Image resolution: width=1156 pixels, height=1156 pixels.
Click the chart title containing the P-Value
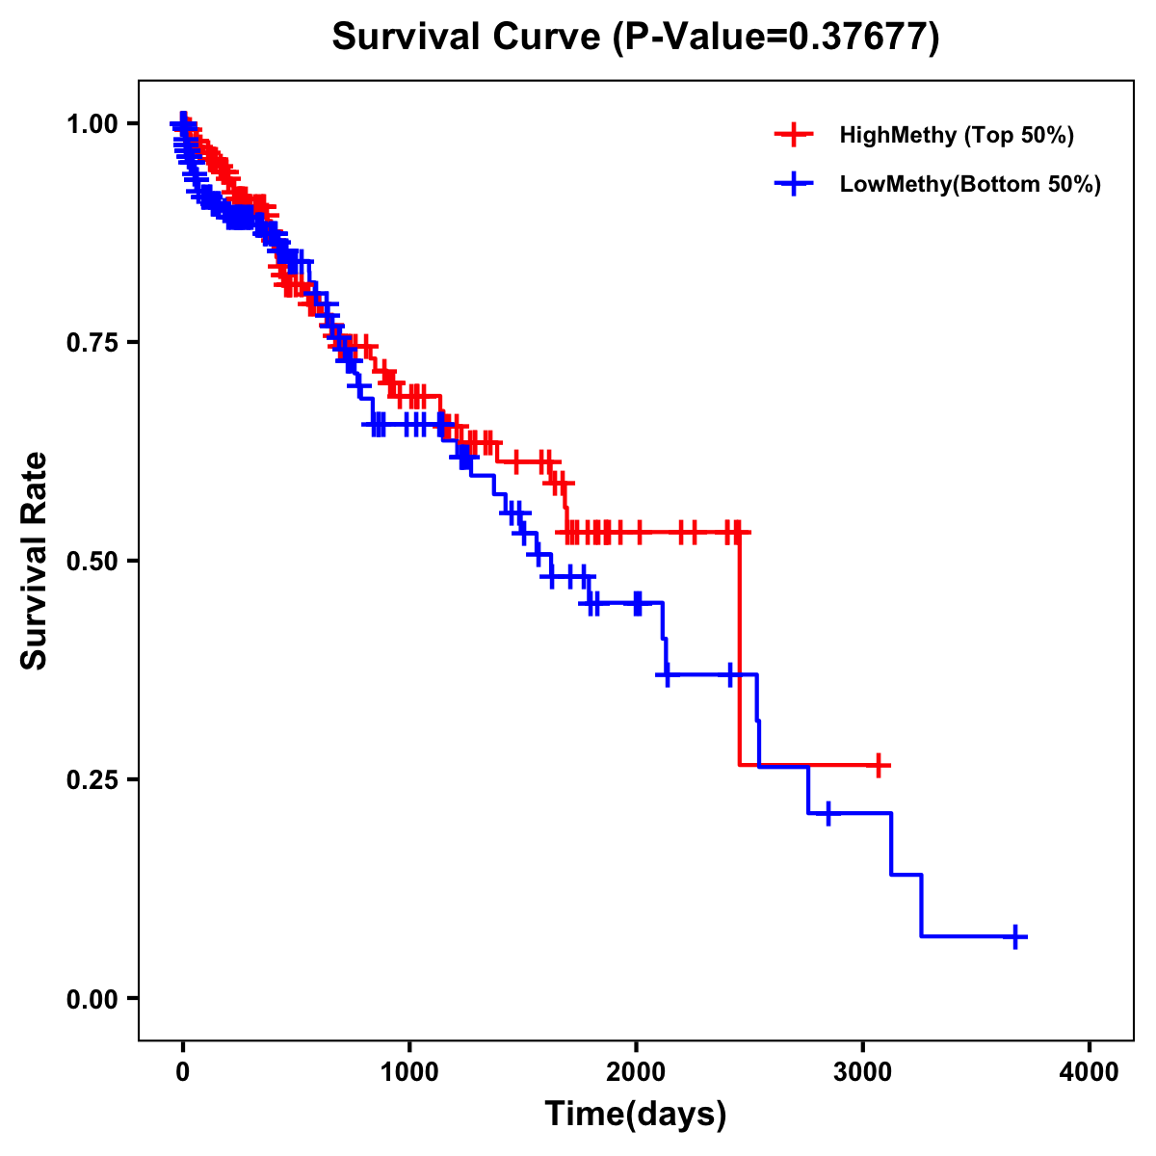click(x=635, y=38)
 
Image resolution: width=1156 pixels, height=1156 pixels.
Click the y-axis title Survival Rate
click(x=35, y=560)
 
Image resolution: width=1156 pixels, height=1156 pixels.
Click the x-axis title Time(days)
click(x=635, y=1114)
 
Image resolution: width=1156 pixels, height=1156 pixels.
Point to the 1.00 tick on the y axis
click(x=92, y=123)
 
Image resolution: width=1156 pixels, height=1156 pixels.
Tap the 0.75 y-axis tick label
click(x=92, y=342)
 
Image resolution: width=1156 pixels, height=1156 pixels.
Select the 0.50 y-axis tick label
click(x=92, y=561)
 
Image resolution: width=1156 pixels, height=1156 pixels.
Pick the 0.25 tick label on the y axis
click(x=92, y=779)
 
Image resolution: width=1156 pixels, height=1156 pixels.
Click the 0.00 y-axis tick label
click(x=92, y=998)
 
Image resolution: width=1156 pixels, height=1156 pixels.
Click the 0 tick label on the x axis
click(x=183, y=1071)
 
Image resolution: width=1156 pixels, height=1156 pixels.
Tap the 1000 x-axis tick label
click(x=409, y=1071)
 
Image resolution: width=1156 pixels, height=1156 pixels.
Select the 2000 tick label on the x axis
click(x=636, y=1071)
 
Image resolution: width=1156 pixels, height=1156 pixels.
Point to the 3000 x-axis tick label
click(x=863, y=1071)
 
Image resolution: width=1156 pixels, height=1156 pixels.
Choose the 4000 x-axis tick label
click(x=1090, y=1071)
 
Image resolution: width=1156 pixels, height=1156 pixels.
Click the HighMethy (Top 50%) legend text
click(x=957, y=135)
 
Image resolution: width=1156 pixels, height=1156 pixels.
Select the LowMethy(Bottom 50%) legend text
click(x=970, y=184)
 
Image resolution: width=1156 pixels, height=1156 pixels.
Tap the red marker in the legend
click(x=794, y=135)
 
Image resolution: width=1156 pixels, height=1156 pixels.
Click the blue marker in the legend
click(x=794, y=184)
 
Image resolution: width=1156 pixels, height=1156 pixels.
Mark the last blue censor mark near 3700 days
click(x=1015, y=936)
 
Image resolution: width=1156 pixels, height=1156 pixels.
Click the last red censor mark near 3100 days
click(x=878, y=765)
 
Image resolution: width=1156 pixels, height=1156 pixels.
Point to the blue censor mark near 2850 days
click(x=828, y=814)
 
